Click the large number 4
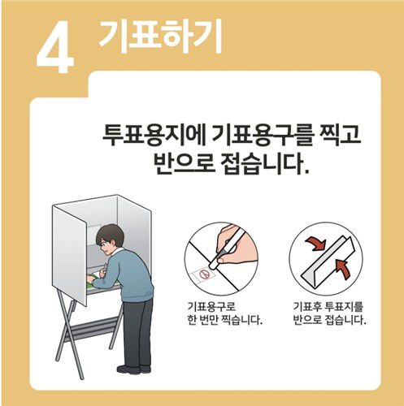click(54, 50)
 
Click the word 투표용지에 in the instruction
click(141, 134)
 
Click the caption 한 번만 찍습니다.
click(224, 319)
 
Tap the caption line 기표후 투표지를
click(328, 307)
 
